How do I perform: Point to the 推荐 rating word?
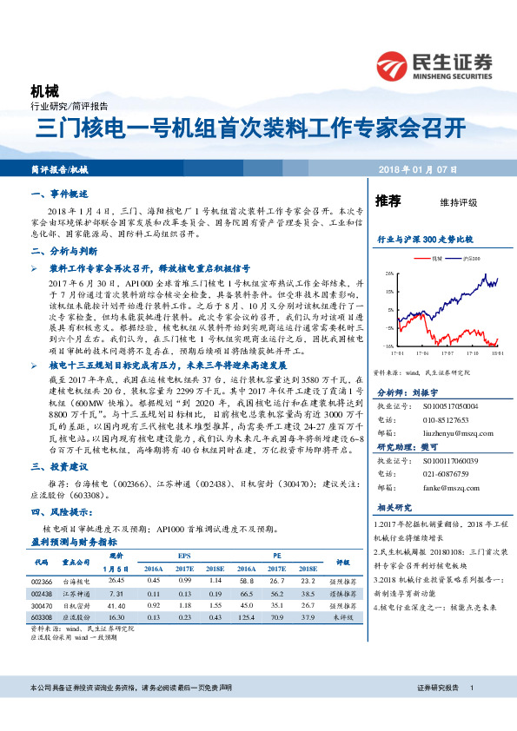point(388,201)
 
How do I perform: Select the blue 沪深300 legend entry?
point(467,258)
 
